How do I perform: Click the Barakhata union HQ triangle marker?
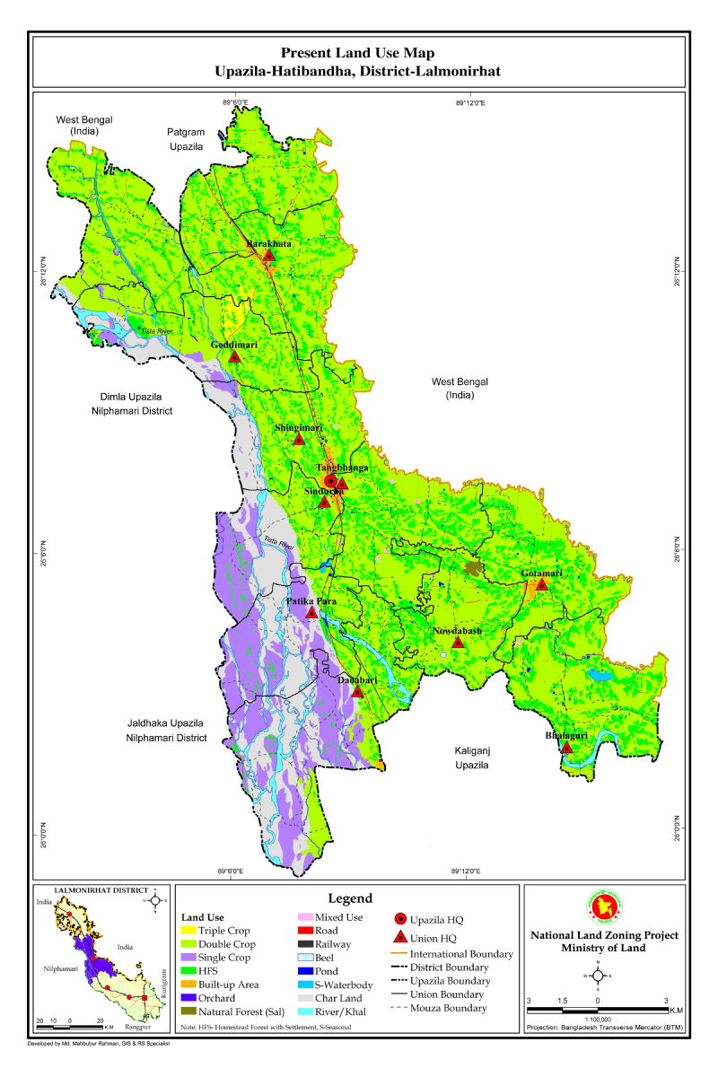click(268, 256)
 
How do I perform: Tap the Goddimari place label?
click(234, 345)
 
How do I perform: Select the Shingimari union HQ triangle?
click(299, 440)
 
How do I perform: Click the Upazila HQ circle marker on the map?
click(330, 482)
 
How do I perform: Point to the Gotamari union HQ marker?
click(541, 584)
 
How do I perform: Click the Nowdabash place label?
click(457, 631)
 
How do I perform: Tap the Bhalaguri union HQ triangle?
click(566, 747)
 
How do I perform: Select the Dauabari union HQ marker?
click(357, 692)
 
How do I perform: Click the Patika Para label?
click(311, 600)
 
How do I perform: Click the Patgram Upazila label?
click(186, 138)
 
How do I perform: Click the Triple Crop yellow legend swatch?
click(189, 932)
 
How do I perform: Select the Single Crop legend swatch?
click(189, 958)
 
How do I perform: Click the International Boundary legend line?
click(399, 954)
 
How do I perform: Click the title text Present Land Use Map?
click(358, 54)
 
